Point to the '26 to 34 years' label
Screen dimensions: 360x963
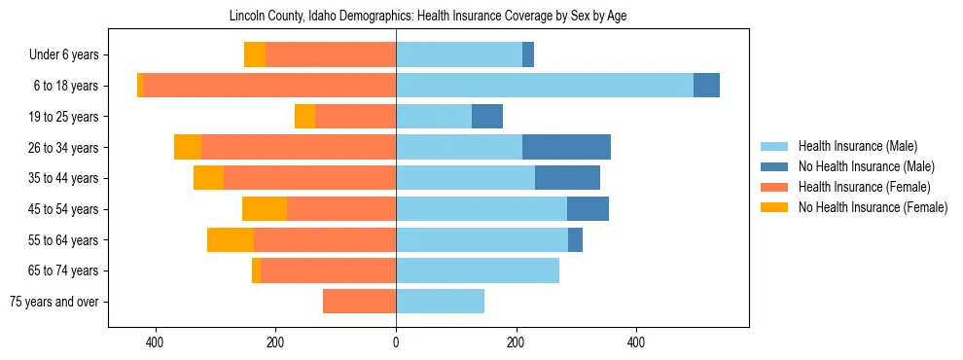click(64, 148)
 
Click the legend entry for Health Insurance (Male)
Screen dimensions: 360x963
click(857, 146)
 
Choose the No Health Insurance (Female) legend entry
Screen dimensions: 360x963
click(873, 207)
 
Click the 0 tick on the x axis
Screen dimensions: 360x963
click(396, 342)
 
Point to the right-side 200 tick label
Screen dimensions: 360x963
click(516, 342)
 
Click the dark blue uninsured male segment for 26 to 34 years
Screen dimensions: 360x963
click(566, 147)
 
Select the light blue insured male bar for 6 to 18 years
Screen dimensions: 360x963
click(544, 86)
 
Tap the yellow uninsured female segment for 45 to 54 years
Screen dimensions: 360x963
click(265, 209)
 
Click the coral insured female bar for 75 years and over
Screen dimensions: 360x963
click(359, 302)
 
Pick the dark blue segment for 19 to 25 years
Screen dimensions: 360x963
click(487, 117)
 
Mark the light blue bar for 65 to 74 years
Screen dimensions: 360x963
click(478, 270)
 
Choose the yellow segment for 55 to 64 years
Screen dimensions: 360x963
click(231, 239)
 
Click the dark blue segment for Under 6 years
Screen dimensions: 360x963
click(528, 55)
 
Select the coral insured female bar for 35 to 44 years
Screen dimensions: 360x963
click(309, 178)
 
